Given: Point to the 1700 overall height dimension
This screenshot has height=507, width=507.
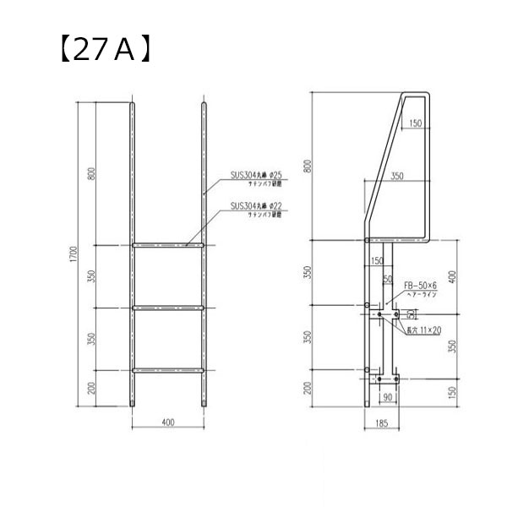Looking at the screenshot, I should (75, 254).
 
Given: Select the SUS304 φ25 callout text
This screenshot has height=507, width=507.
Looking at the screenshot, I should (259, 177).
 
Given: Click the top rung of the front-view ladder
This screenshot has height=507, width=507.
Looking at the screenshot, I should (169, 246).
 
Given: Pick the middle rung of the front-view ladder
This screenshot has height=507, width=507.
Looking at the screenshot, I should (169, 308).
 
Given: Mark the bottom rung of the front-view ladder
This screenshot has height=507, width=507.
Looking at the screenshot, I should (169, 370).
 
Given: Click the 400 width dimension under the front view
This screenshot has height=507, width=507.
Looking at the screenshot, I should (169, 422).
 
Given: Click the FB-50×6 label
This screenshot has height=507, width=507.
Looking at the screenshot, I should (419, 286).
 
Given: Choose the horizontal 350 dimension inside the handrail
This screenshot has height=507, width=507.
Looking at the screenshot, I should (397, 177).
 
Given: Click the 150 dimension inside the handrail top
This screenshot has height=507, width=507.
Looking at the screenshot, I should (414, 123).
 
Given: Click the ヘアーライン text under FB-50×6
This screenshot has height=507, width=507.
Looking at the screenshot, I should (419, 296).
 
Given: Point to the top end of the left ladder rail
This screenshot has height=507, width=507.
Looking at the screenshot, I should (134, 105).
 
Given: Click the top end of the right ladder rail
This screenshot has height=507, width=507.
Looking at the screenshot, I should (204, 105).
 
